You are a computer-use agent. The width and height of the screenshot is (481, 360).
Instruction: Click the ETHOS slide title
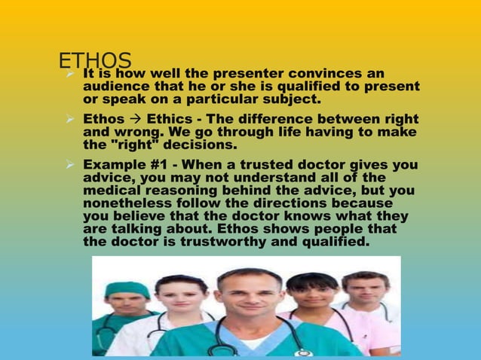click(95, 62)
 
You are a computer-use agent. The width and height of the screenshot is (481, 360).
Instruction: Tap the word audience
click(112, 87)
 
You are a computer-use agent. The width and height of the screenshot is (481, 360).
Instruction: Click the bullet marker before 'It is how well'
click(69, 75)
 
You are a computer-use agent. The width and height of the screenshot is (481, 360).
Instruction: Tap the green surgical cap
click(127, 290)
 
